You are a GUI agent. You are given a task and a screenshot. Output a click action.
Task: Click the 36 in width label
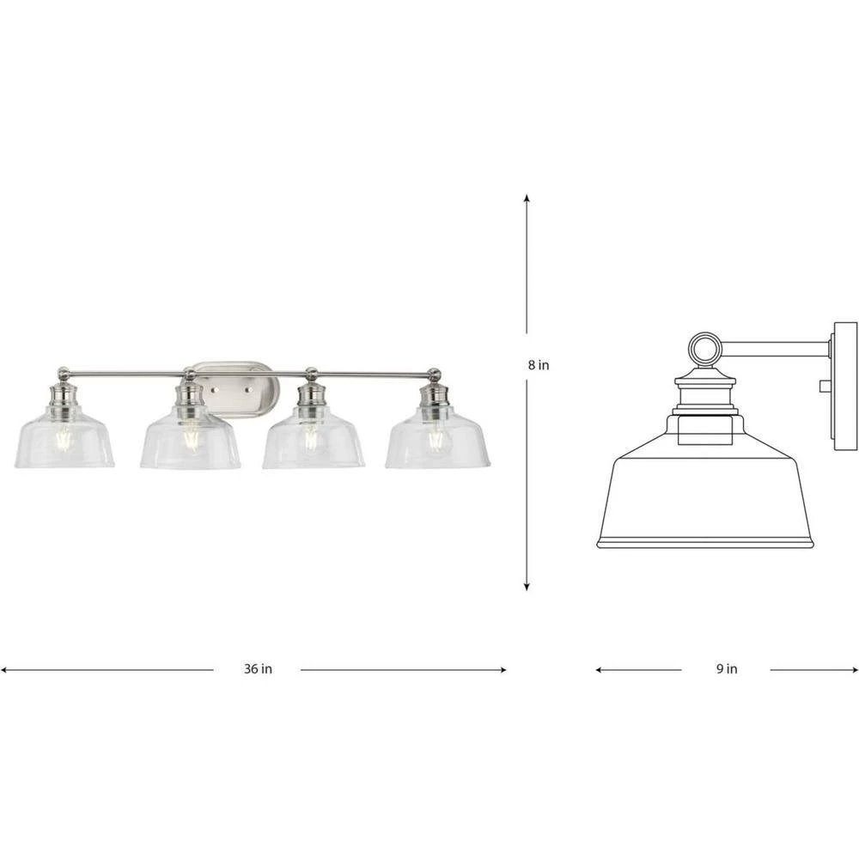[257, 669]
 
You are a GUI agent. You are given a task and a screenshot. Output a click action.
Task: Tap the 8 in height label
[539, 364]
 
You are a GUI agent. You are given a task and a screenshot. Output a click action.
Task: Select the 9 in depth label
[726, 669]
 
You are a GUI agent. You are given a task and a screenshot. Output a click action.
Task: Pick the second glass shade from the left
[190, 442]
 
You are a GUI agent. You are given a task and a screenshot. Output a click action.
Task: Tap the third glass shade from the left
[314, 442]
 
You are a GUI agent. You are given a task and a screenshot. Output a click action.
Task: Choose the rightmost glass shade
[437, 442]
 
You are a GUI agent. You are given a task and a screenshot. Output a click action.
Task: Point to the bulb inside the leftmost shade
[64, 438]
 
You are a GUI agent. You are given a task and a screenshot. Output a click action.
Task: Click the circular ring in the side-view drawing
[704, 349]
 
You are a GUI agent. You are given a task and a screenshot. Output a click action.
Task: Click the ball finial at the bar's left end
[64, 373]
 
